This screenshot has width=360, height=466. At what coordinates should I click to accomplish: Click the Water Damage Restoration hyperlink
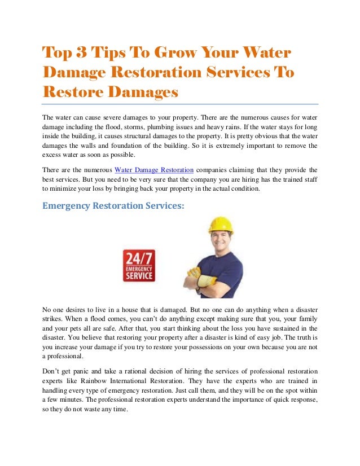(x=154, y=169)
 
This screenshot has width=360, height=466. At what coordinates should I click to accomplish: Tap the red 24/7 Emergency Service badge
(x=138, y=266)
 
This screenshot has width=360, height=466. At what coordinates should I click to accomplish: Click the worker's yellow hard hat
(x=219, y=225)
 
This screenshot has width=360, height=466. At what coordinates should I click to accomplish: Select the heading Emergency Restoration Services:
(x=113, y=206)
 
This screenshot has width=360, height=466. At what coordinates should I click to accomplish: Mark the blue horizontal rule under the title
(x=181, y=104)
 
